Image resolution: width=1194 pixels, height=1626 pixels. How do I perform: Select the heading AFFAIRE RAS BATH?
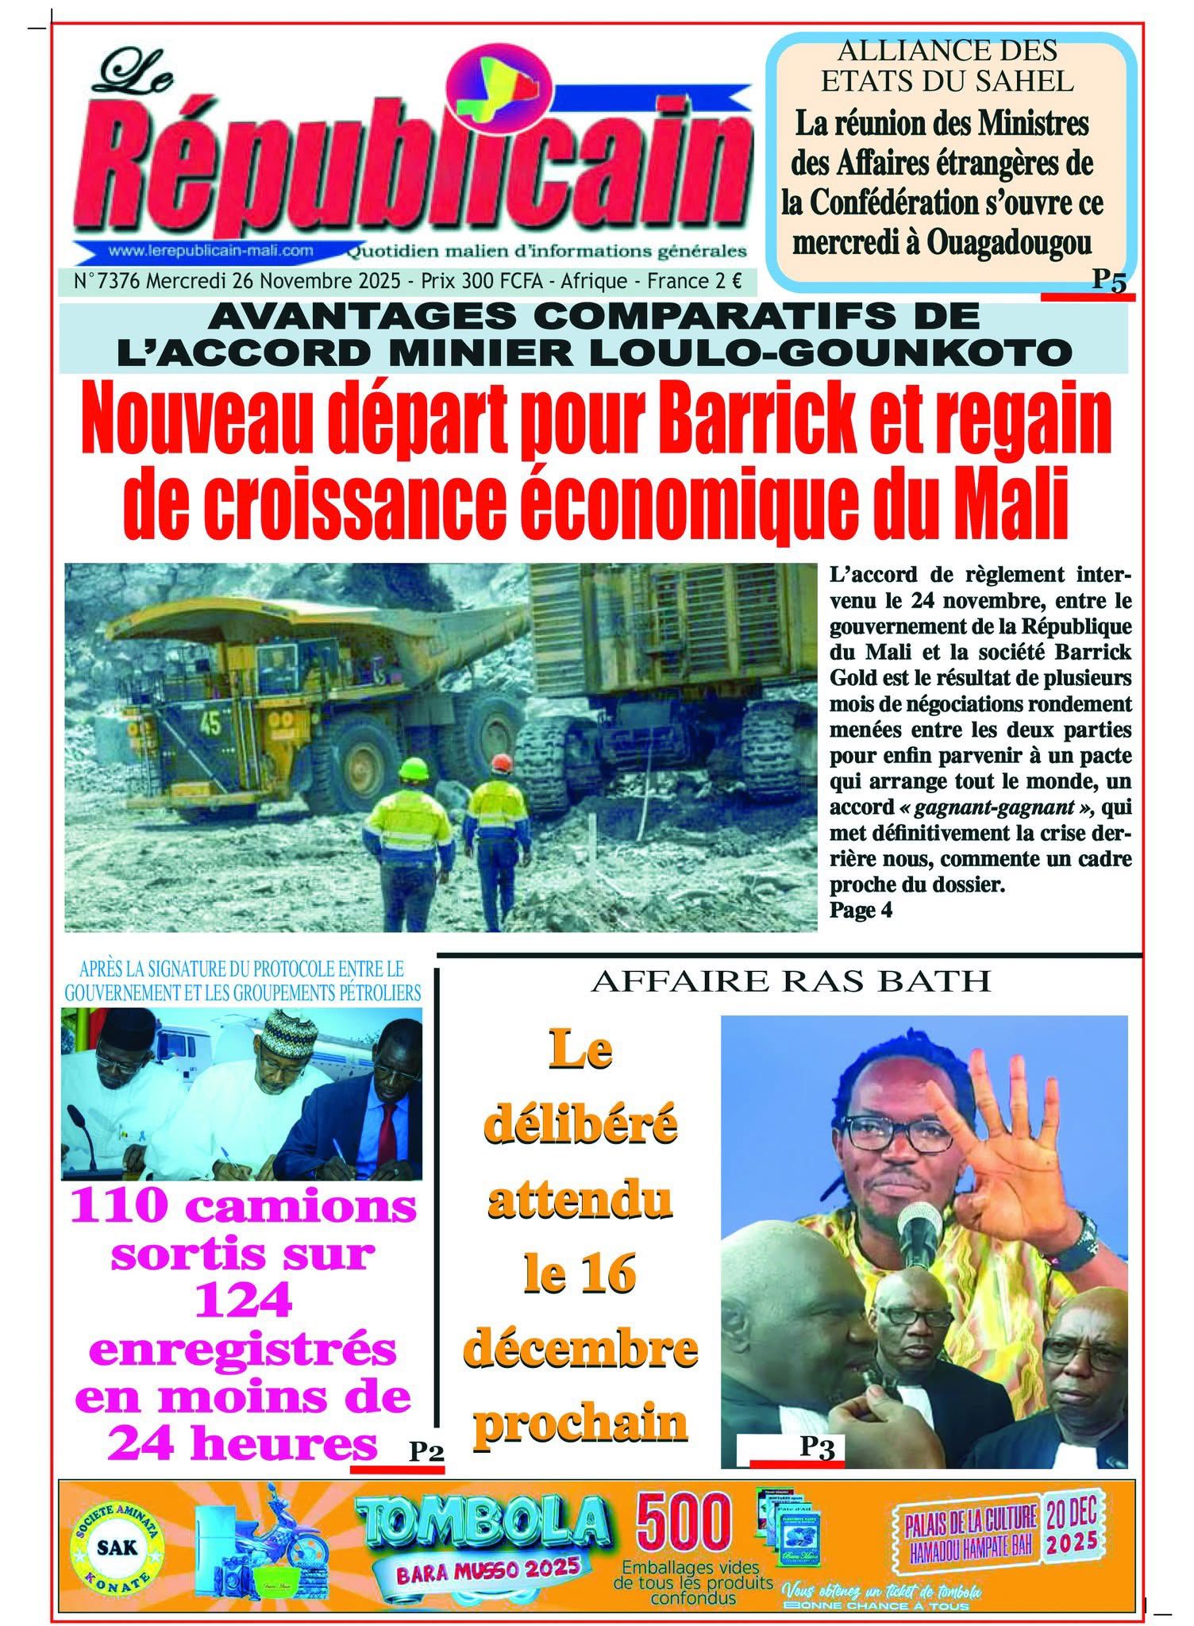[791, 981]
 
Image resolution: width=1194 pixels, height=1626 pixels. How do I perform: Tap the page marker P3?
[816, 1447]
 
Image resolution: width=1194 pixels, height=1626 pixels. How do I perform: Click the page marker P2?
[426, 1451]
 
